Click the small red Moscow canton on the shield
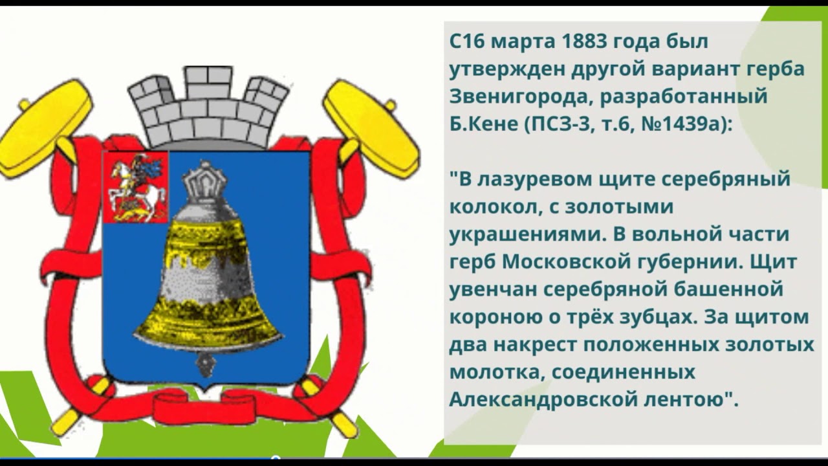click(136, 187)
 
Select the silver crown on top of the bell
click(204, 180)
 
